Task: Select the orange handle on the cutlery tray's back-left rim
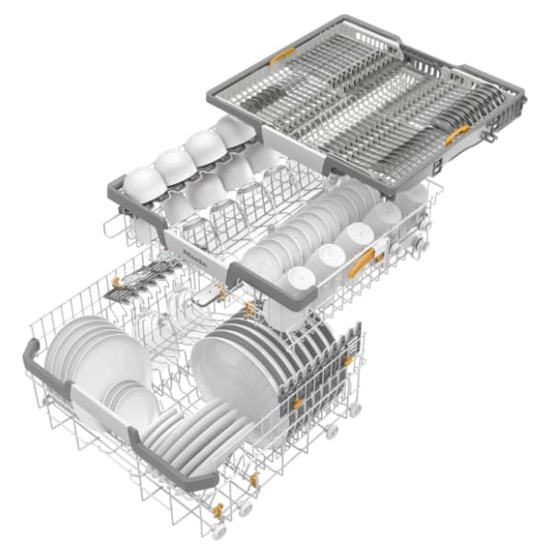pyautogui.click(x=282, y=56)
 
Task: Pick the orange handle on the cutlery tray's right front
pyautogui.click(x=457, y=134)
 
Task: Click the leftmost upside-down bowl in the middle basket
pyautogui.click(x=144, y=185)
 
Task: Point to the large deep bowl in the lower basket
pyautogui.click(x=236, y=374)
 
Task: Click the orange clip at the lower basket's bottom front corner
pyautogui.click(x=218, y=512)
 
